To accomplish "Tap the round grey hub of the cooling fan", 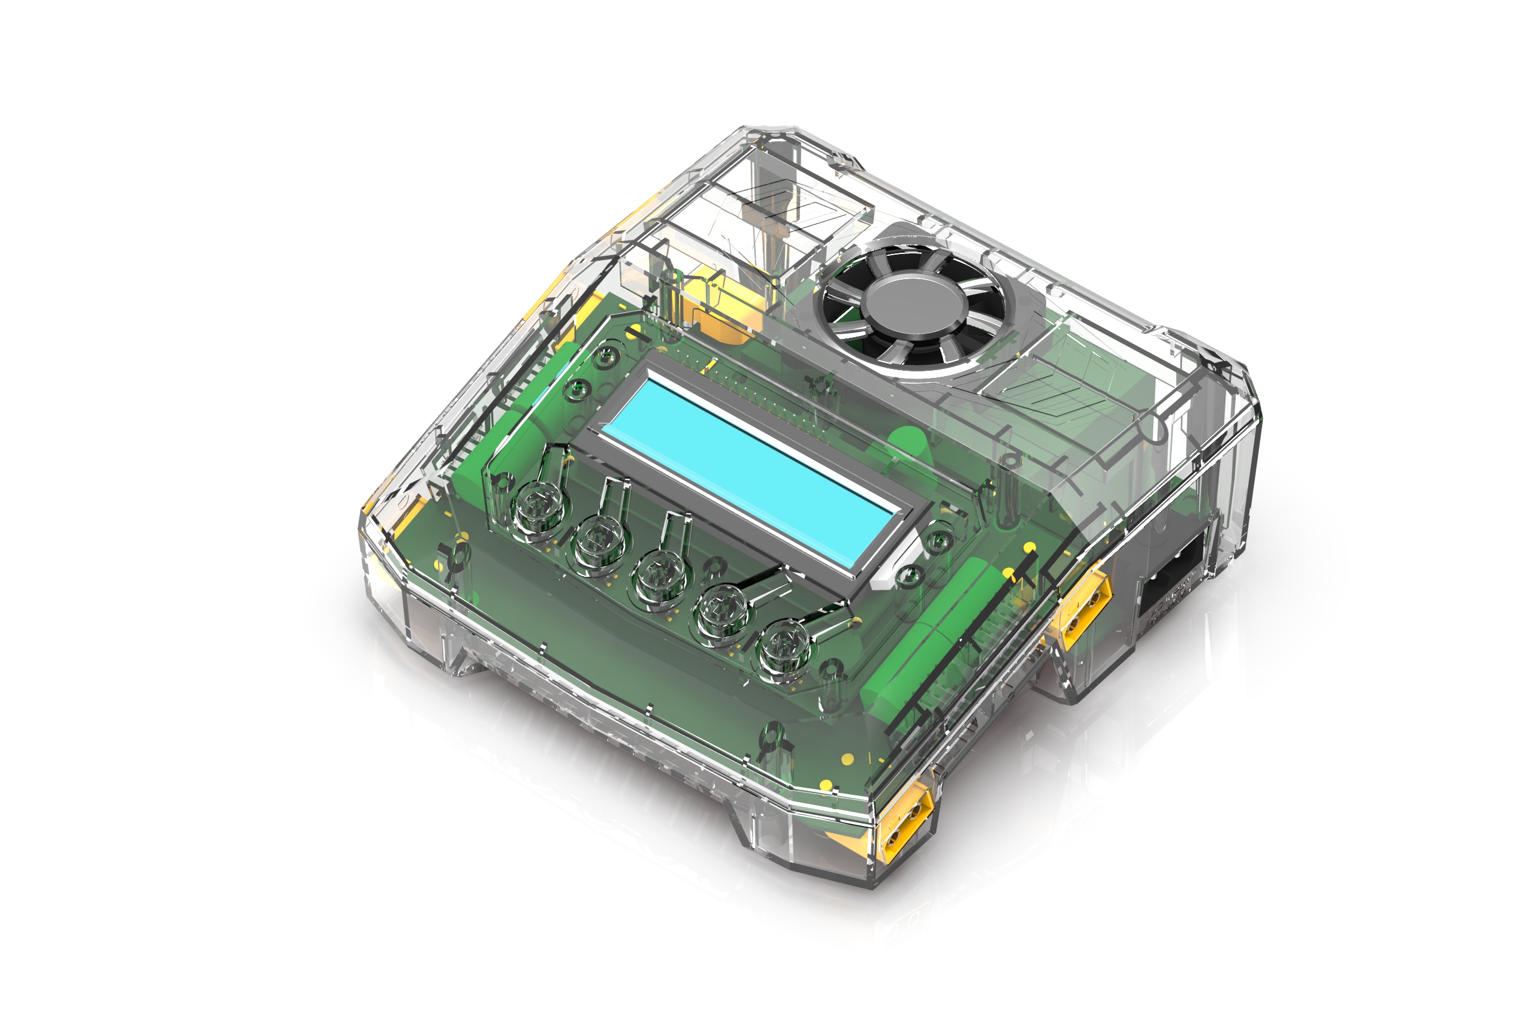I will click(914, 302).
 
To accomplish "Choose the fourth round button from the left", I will click(721, 612).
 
